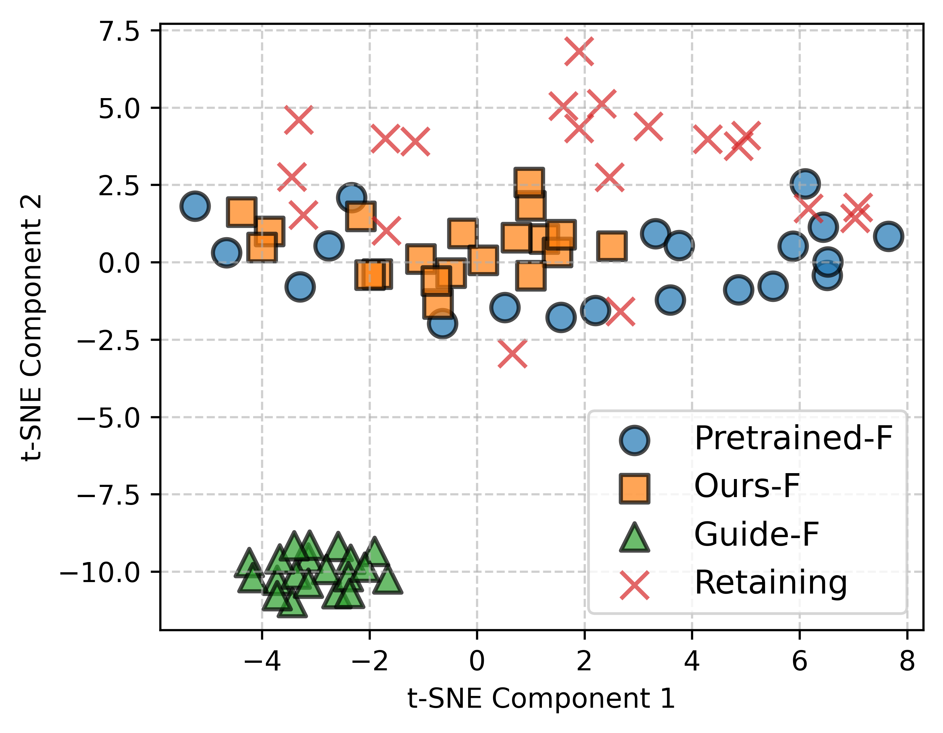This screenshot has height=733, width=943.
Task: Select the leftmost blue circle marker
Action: [x=195, y=206]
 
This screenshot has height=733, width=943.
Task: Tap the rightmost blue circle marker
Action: [x=888, y=236]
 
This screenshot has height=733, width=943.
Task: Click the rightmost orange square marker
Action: [x=612, y=246]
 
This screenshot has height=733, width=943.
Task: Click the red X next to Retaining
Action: [x=634, y=585]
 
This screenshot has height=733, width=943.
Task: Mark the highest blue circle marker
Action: [x=805, y=183]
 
